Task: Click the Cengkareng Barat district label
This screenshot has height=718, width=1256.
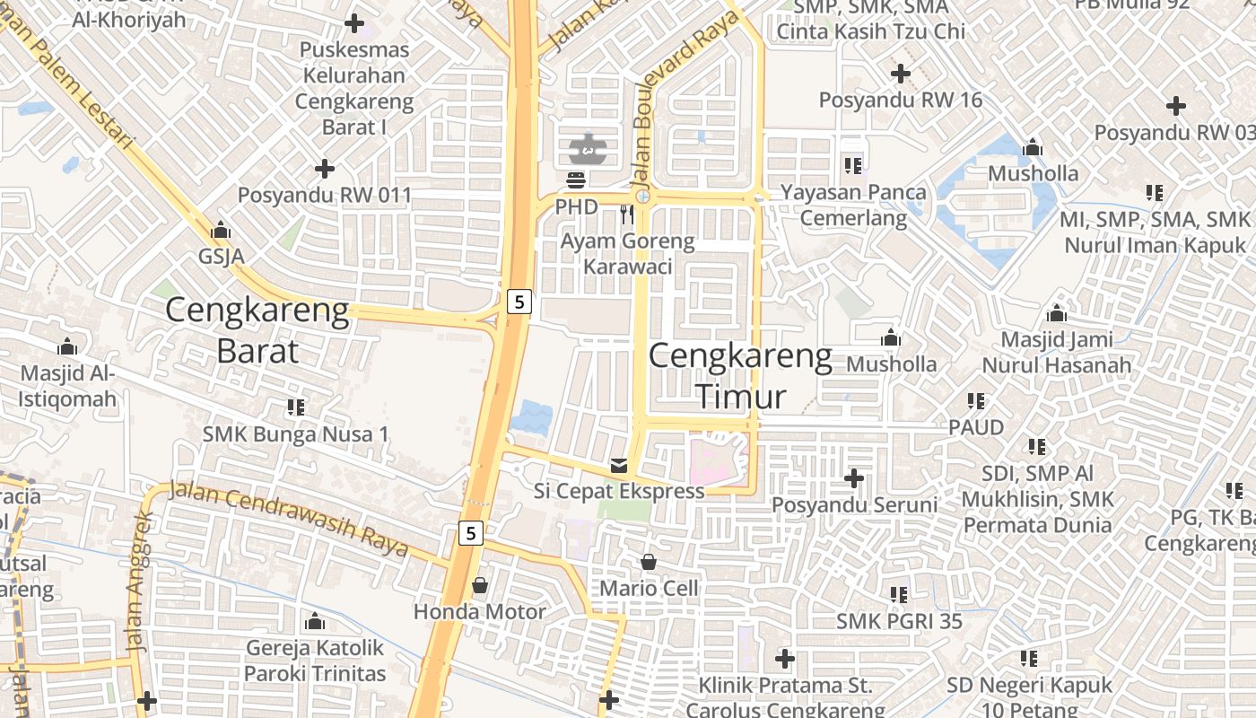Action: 257,329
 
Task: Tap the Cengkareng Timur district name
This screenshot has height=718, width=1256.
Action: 741,376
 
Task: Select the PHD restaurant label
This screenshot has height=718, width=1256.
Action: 576,207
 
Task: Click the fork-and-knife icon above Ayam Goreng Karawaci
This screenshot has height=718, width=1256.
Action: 627,214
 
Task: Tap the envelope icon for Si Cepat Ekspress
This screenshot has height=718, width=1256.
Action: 619,465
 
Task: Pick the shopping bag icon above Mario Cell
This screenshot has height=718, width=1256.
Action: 649,563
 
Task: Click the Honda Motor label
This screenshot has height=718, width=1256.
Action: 479,612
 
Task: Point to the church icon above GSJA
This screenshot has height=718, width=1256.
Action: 221,231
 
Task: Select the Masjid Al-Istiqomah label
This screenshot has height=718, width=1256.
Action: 68,386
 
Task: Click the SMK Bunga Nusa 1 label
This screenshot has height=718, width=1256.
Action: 296,434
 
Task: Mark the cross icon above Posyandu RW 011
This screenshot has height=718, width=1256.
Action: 325,169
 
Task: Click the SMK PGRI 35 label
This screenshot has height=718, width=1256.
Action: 899,621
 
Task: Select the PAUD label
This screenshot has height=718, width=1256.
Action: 976,427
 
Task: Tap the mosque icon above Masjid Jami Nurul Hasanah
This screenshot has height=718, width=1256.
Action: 1057,314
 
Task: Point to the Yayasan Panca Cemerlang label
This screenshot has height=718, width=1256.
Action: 853,205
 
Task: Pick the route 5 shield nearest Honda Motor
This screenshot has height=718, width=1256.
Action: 471,533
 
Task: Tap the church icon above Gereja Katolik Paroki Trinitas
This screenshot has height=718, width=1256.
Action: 315,621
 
